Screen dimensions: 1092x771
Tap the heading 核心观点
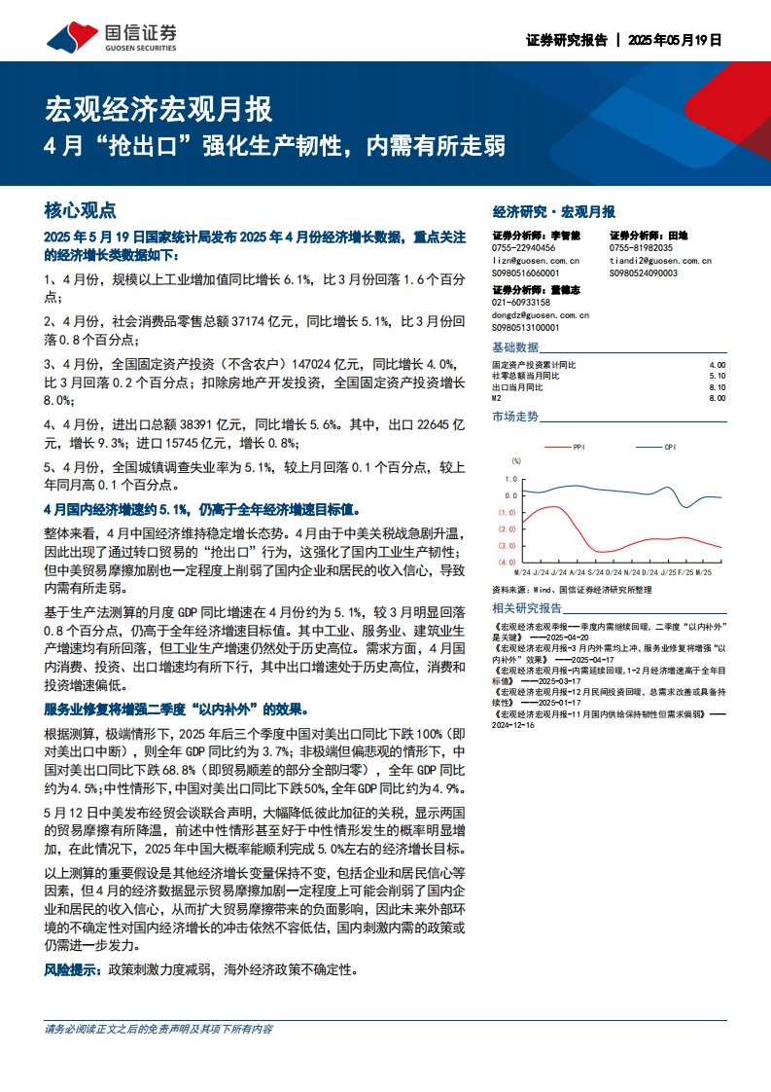[x=81, y=210]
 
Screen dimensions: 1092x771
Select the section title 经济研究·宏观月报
[x=554, y=211]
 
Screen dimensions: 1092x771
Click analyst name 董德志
[x=565, y=290]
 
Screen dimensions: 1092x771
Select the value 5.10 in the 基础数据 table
[x=718, y=375]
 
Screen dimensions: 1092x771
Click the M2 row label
[x=498, y=398]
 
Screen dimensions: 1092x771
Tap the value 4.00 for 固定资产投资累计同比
[x=718, y=364]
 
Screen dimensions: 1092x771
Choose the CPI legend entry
[x=669, y=447]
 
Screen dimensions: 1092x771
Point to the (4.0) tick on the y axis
[x=508, y=563]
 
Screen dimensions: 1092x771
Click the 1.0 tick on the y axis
[x=509, y=478]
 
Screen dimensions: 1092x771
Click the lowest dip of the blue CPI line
[x=686, y=507]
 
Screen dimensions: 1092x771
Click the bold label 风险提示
[x=74, y=969]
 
